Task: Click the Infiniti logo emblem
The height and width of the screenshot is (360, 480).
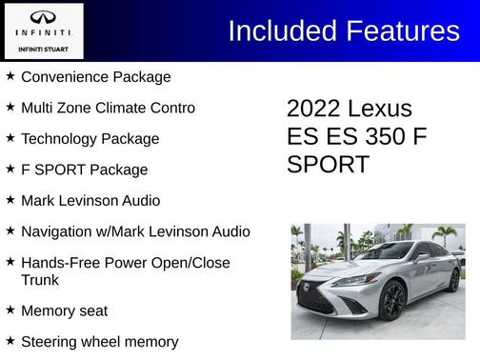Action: point(44,17)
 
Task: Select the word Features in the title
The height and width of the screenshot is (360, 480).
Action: point(399,31)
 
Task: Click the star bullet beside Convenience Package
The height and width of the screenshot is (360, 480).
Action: point(10,76)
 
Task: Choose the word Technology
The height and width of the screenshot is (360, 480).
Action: point(61,139)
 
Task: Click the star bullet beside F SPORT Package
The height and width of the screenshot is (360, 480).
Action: point(10,169)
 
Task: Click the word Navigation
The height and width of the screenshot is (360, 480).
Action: point(58,231)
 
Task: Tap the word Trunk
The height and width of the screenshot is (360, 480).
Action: point(40,280)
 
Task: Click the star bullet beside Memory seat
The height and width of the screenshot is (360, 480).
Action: point(10,310)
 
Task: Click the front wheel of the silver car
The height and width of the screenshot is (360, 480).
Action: point(393,302)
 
